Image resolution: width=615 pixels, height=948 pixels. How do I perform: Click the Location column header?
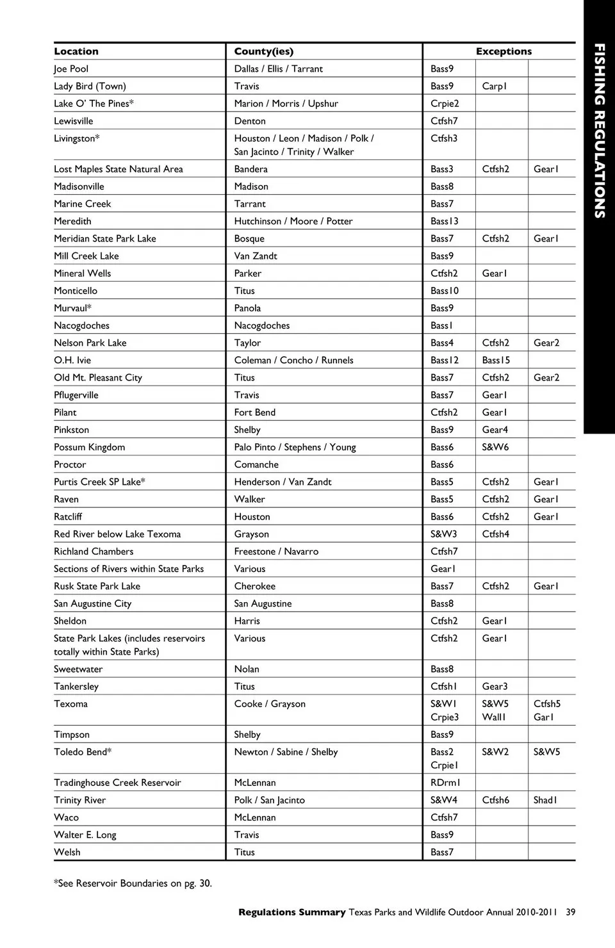[x=76, y=51]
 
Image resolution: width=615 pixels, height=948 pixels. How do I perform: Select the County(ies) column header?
[x=263, y=51]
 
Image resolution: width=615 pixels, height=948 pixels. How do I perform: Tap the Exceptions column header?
[x=504, y=51]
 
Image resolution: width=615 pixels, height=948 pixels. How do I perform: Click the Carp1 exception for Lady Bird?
[x=494, y=86]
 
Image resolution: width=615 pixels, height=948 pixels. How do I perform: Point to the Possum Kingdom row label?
[x=89, y=447]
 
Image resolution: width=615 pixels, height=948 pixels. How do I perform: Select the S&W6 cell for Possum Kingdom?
[x=495, y=447]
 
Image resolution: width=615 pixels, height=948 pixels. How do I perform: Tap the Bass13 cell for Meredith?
[x=444, y=221]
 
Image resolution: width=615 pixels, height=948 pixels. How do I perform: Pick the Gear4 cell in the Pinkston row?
[x=495, y=430]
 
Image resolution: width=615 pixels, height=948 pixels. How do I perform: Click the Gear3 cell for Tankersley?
[x=495, y=686]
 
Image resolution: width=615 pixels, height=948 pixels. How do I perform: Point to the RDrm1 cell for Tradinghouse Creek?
[x=445, y=782]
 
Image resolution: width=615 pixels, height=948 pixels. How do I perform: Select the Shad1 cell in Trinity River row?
[x=545, y=799]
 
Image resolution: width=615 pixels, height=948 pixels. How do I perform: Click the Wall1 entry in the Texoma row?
[x=494, y=717]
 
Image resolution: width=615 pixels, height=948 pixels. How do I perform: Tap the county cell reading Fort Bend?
[x=254, y=413]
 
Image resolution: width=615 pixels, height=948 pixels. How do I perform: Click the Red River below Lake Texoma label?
[x=117, y=534]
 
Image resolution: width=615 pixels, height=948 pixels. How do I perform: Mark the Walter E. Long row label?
[x=85, y=835]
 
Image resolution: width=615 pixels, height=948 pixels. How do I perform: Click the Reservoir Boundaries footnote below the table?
[x=133, y=883]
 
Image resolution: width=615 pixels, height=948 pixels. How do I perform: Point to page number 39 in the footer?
[x=570, y=912]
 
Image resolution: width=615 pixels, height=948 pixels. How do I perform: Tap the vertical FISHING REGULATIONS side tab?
[x=599, y=131]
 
